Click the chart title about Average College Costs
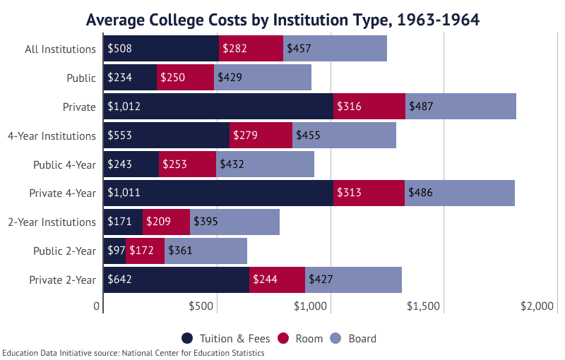tap(282, 20)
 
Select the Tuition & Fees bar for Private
tap(218, 107)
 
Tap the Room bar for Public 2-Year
tap(145, 251)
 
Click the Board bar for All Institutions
tap(335, 49)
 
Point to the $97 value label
tap(114, 251)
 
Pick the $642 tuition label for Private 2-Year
tap(119, 280)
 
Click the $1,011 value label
tap(124, 193)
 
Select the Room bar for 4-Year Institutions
tap(261, 136)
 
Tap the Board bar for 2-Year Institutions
tap(234, 222)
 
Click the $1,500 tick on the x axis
tap(424, 306)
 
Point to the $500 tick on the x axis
tap(202, 306)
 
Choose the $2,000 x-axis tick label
tap(535, 306)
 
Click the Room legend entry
tap(301, 338)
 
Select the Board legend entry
tap(354, 338)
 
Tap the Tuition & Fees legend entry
tap(223, 338)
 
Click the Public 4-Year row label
tap(64, 164)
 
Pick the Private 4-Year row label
tap(62, 193)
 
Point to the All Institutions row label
tap(60, 49)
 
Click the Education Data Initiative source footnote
tap(133, 353)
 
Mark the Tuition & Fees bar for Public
tap(130, 78)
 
